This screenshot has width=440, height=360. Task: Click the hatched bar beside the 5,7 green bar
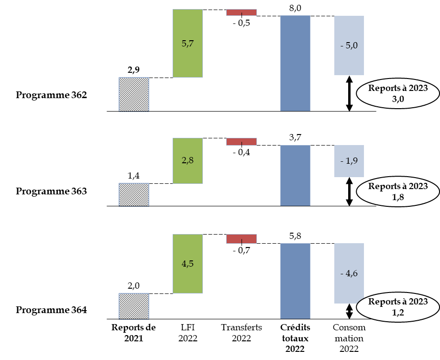[134, 94]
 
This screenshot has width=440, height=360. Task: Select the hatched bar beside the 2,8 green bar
[134, 194]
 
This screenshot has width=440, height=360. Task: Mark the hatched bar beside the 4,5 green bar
[134, 306]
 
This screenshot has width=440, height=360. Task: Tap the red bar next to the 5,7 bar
[242, 12]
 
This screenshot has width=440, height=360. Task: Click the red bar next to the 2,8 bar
[242, 142]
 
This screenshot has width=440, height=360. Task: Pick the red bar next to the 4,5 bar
[242, 238]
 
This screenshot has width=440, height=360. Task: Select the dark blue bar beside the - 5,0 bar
[295, 63]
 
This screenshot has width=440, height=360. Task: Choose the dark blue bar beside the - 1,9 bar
[295, 175]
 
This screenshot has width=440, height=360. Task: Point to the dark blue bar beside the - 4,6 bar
[295, 281]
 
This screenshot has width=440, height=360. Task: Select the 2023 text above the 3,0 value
[417, 89]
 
